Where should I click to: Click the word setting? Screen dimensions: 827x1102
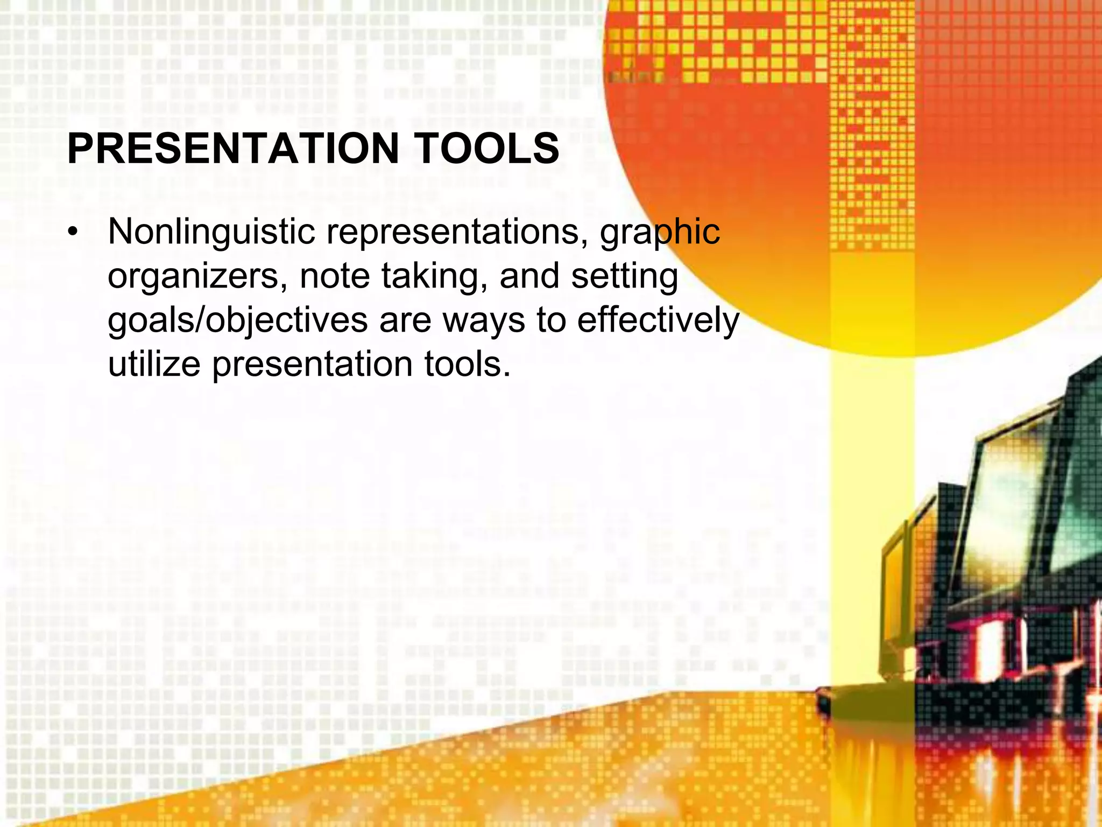tap(624, 277)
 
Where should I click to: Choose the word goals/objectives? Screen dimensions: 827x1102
tap(237, 321)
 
